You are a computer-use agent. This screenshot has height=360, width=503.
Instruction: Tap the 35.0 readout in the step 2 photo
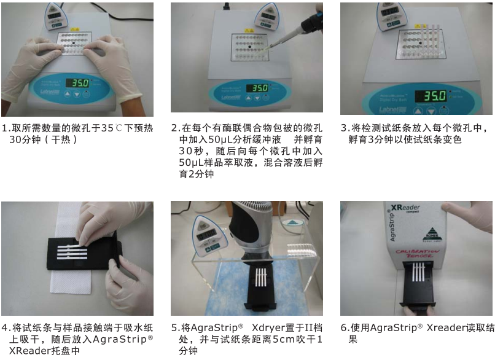click(x=257, y=88)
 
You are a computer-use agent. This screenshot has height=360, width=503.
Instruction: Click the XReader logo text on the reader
click(x=405, y=208)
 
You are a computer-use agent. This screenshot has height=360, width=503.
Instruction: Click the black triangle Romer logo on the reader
click(x=432, y=232)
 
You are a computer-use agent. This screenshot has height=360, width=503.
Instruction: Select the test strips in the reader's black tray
click(x=418, y=272)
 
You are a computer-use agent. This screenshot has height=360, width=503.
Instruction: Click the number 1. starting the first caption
click(x=6, y=128)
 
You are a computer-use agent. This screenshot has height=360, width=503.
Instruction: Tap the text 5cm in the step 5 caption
click(x=283, y=340)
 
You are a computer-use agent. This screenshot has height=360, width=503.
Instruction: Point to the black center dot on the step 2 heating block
click(x=250, y=47)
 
